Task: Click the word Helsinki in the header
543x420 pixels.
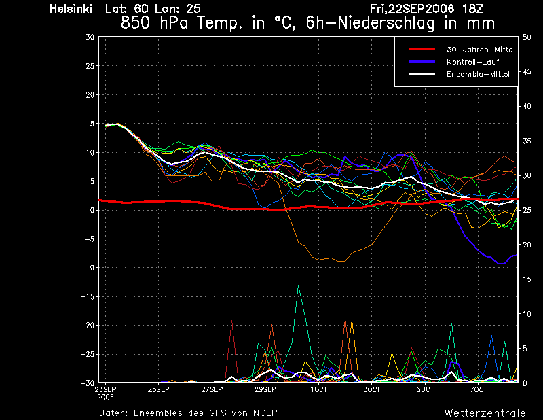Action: (71, 9)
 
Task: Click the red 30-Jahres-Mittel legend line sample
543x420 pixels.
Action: (422, 50)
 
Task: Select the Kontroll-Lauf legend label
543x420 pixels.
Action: (472, 62)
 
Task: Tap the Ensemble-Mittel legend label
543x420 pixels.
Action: (478, 74)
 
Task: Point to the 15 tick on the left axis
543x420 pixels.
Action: (90, 124)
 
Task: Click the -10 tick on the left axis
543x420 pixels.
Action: (88, 268)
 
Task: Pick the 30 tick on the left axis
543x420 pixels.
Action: (90, 37)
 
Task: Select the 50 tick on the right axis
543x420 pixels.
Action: (527, 37)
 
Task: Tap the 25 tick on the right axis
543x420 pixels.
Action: (527, 210)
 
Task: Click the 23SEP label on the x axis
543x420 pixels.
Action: (106, 389)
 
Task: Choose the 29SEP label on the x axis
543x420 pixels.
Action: (265, 389)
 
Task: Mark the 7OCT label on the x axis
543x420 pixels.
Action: (479, 389)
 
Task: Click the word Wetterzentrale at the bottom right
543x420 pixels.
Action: (485, 413)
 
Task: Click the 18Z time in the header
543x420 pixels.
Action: (473, 9)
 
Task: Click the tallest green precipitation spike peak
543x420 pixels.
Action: (298, 285)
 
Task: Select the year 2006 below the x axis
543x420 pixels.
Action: (105, 397)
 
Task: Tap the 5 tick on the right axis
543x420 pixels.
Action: (525, 349)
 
